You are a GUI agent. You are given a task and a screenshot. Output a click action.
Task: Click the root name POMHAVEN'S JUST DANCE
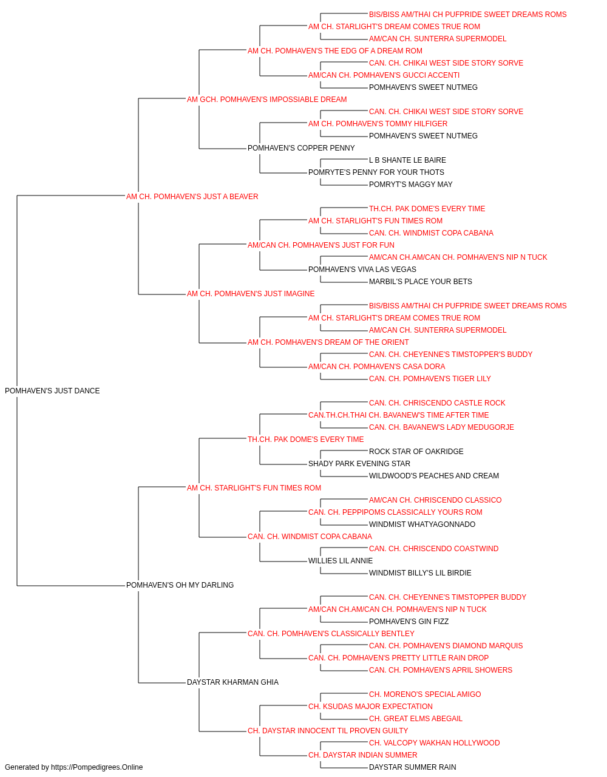coord(52,390)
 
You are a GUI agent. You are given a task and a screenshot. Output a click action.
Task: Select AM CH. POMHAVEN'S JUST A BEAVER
coord(192,196)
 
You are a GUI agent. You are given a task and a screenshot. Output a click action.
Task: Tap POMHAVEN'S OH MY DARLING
coord(180,585)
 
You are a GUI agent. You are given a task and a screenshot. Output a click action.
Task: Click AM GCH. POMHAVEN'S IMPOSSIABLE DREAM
coord(266,100)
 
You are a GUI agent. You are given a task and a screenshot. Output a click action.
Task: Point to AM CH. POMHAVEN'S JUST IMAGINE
coord(251,294)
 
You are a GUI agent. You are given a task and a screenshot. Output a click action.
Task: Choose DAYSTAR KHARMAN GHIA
coord(232,682)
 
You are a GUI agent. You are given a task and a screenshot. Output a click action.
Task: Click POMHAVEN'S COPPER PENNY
coord(301,148)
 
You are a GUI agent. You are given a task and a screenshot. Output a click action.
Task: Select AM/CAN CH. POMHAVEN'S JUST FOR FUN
coord(321,245)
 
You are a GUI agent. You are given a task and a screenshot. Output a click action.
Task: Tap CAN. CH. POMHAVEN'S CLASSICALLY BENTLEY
coord(331,633)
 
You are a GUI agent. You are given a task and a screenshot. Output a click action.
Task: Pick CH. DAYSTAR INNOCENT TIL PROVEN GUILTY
coord(328,730)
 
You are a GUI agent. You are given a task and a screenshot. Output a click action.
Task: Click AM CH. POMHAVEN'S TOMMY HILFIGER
coord(378,123)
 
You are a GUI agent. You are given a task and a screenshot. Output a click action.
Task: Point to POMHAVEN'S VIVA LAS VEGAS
coord(362,270)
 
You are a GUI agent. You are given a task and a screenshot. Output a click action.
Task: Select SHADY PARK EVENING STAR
coord(359,463)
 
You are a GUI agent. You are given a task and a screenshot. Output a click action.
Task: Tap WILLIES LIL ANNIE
coord(341,560)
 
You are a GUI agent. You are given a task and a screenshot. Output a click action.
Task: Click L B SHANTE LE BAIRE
coord(407,160)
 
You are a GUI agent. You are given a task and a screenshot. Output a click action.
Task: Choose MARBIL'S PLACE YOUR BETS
coord(421,282)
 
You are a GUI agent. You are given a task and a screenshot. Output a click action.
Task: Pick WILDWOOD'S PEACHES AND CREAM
coord(434,475)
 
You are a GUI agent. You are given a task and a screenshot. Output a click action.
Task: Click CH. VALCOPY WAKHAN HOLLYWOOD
coord(435,742)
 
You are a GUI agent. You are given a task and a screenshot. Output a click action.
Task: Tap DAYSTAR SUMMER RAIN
coord(413,767)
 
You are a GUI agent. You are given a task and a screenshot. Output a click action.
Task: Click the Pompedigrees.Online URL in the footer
coord(97,767)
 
